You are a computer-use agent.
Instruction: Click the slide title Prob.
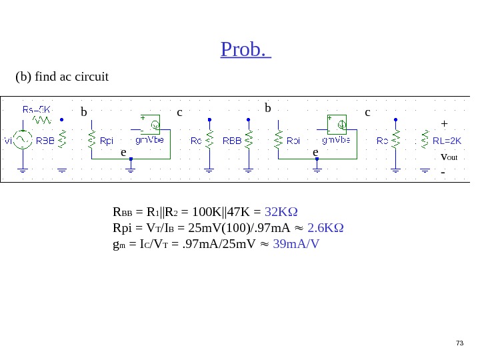click(245, 49)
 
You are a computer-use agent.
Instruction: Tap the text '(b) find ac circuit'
click(62, 77)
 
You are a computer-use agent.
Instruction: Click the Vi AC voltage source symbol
click(23, 139)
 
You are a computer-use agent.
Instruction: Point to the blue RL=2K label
click(447, 141)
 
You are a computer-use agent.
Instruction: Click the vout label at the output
click(449, 157)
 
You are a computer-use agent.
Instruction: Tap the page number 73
click(459, 343)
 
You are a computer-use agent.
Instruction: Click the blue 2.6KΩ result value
click(325, 228)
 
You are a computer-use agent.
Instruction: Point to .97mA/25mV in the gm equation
click(217, 243)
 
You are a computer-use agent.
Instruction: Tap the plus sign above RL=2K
click(444, 123)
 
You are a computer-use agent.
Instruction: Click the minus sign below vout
click(443, 172)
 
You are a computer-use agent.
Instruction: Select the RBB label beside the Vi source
click(45, 141)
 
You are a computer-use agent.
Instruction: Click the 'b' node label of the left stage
click(84, 112)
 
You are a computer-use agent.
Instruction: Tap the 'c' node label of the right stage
click(367, 112)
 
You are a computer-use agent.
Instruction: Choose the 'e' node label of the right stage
click(316, 152)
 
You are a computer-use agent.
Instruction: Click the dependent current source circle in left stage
click(154, 124)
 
